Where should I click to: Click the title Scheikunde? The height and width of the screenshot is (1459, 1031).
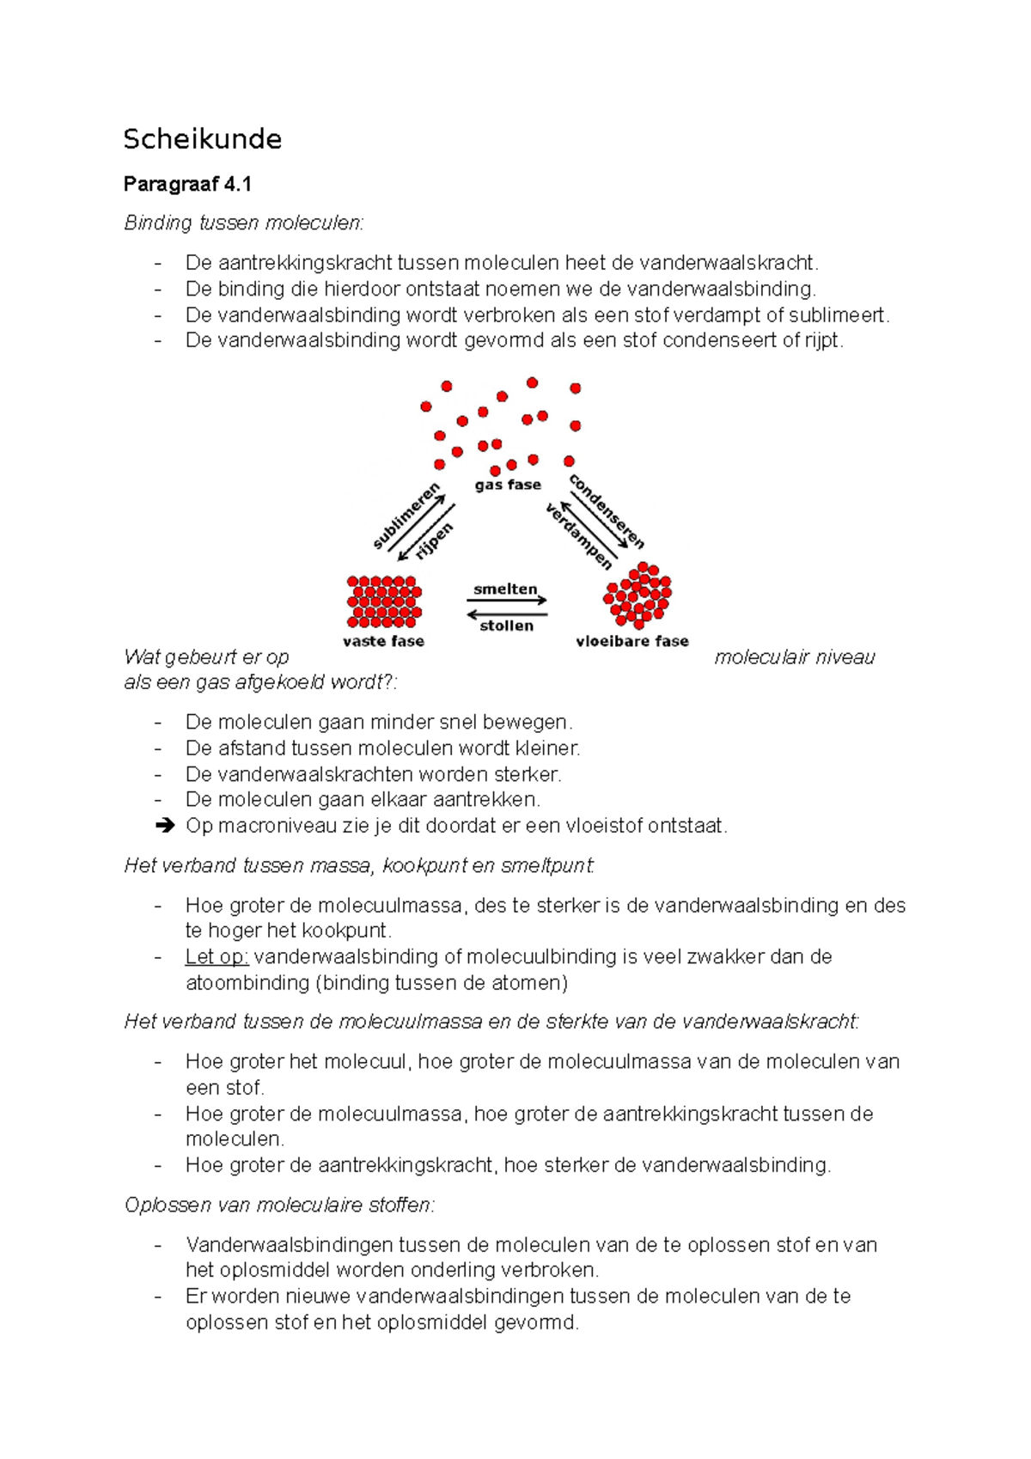tap(202, 139)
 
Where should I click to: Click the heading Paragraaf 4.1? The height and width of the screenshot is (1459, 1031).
tap(187, 184)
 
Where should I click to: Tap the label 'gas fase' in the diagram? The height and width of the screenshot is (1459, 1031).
tap(508, 485)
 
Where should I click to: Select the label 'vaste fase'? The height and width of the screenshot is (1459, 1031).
tap(383, 641)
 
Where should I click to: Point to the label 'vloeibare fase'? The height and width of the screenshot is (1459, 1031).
tap(631, 641)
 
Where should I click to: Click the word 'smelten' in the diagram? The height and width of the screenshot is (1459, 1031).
tap(505, 589)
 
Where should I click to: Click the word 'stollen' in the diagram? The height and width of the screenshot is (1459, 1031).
tap(506, 626)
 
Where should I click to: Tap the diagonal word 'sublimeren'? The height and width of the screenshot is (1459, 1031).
tap(406, 516)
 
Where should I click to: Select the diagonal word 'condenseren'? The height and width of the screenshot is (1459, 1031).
tap(607, 511)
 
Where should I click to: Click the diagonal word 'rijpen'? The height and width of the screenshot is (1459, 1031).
tap(434, 542)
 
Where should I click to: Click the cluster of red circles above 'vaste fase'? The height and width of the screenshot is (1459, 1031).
tap(384, 601)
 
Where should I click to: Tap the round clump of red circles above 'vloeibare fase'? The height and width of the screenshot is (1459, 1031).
tap(638, 595)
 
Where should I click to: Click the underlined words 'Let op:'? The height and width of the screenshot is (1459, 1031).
tap(217, 957)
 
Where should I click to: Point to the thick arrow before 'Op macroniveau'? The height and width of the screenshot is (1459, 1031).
tap(165, 827)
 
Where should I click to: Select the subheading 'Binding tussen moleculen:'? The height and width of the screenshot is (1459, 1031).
tap(244, 223)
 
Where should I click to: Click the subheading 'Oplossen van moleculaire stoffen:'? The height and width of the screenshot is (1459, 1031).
tap(279, 1206)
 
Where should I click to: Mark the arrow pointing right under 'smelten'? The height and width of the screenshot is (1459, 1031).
tap(507, 601)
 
